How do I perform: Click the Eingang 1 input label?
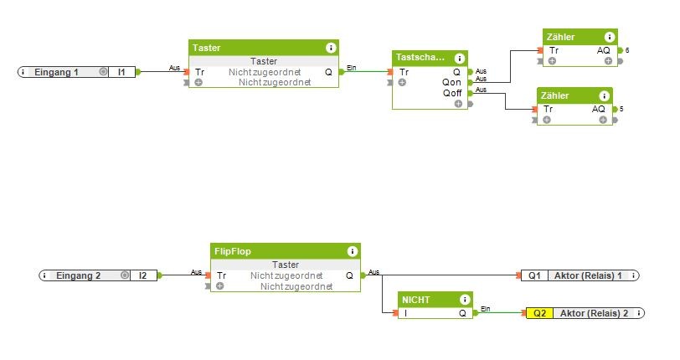(57, 72)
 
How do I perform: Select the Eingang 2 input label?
(80, 275)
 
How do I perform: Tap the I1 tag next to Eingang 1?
(121, 72)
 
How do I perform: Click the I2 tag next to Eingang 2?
(143, 275)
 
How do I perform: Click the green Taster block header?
(251, 48)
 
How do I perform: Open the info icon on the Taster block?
(331, 48)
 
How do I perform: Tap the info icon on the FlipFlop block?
(353, 250)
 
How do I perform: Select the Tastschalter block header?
(422, 58)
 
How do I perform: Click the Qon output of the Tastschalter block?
(452, 83)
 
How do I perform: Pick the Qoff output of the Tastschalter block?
(452, 93)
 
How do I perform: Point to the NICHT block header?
(427, 300)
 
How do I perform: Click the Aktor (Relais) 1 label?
(590, 275)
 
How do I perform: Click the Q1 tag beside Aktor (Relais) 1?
(534, 275)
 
